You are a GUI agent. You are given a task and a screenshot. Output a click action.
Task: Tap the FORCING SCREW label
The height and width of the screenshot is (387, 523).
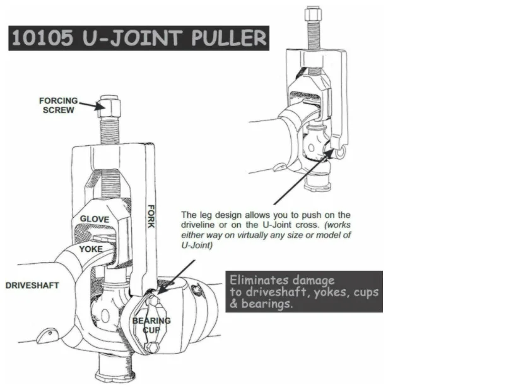(58, 105)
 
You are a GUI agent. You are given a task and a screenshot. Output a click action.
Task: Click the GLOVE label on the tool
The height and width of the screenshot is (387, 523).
(95, 219)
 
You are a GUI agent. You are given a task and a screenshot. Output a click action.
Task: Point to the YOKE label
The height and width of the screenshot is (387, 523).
(91, 249)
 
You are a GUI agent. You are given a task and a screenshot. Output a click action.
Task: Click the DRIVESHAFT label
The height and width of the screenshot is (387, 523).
(32, 285)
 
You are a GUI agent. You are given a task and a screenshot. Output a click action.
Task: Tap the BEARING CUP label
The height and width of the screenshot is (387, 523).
(151, 325)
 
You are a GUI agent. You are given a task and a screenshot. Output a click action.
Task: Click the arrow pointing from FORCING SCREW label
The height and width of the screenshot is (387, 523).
(91, 106)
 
